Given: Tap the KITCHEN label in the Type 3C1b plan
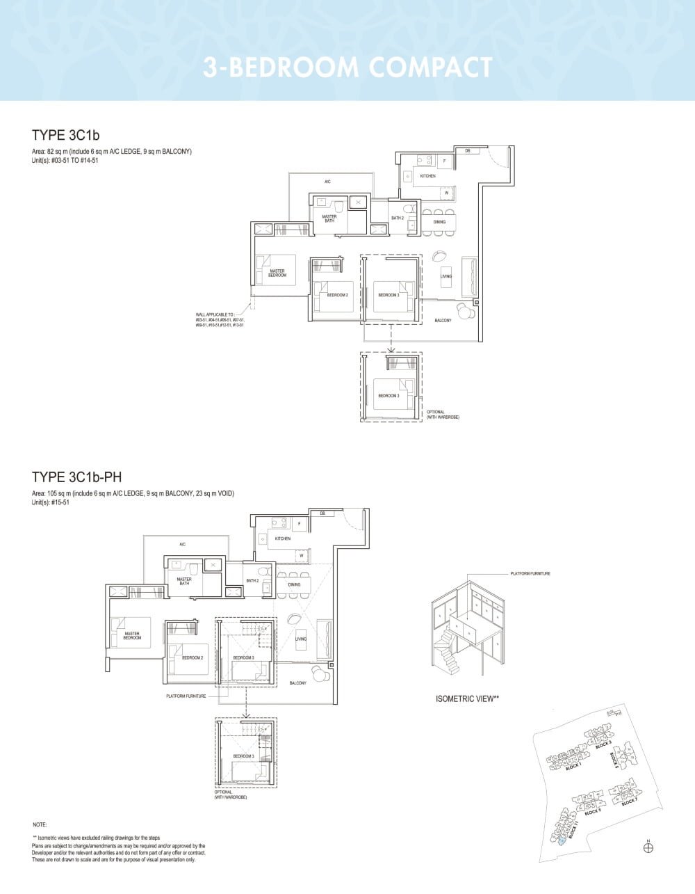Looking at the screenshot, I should pyautogui.click(x=428, y=176).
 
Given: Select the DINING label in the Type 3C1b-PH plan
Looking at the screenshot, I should pyautogui.click(x=295, y=584).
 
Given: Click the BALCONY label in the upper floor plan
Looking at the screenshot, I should pyautogui.click(x=443, y=321).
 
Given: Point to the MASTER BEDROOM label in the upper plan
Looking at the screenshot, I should pyautogui.click(x=277, y=273).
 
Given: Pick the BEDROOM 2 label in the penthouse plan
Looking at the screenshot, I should pyautogui.click(x=193, y=657).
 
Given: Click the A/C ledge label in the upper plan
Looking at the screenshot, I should pyautogui.click(x=327, y=182).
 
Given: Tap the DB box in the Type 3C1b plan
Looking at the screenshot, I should pyautogui.click(x=468, y=151).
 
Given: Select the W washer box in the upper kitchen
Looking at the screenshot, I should pyautogui.click(x=447, y=193).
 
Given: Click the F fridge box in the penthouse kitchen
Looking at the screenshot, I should pyautogui.click(x=299, y=522).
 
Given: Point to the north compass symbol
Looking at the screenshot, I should pyautogui.click(x=648, y=847).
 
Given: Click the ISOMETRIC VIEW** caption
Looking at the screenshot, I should pyautogui.click(x=468, y=699).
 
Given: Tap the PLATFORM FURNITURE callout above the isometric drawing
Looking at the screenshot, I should pyautogui.click(x=530, y=574).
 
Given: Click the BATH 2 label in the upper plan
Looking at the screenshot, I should pyautogui.click(x=398, y=218).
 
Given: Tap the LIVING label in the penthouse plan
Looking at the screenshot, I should pyautogui.click(x=301, y=639).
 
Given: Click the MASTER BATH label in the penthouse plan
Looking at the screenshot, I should pyautogui.click(x=184, y=581).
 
